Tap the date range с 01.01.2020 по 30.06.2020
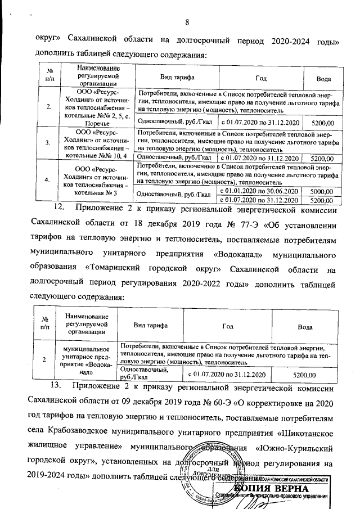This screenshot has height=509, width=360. [x=259, y=192]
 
